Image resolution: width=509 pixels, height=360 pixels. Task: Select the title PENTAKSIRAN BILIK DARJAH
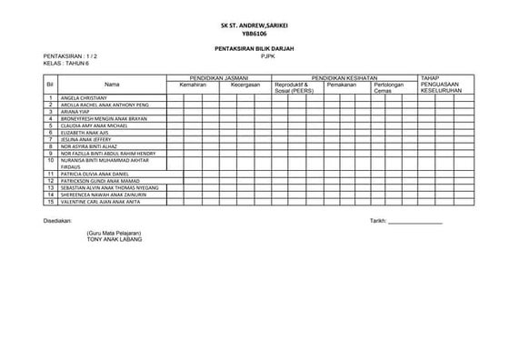coord(254,47)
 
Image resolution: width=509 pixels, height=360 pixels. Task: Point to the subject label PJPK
coord(266,55)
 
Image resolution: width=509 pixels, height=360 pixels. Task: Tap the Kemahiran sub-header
coord(194,85)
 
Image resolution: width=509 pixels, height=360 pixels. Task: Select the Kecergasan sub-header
coord(245,85)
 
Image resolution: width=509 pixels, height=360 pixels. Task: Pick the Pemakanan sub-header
coord(342,85)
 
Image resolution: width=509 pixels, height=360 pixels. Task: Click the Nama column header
coord(112,85)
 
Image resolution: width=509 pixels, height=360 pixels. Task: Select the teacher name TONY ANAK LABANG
coord(115,240)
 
